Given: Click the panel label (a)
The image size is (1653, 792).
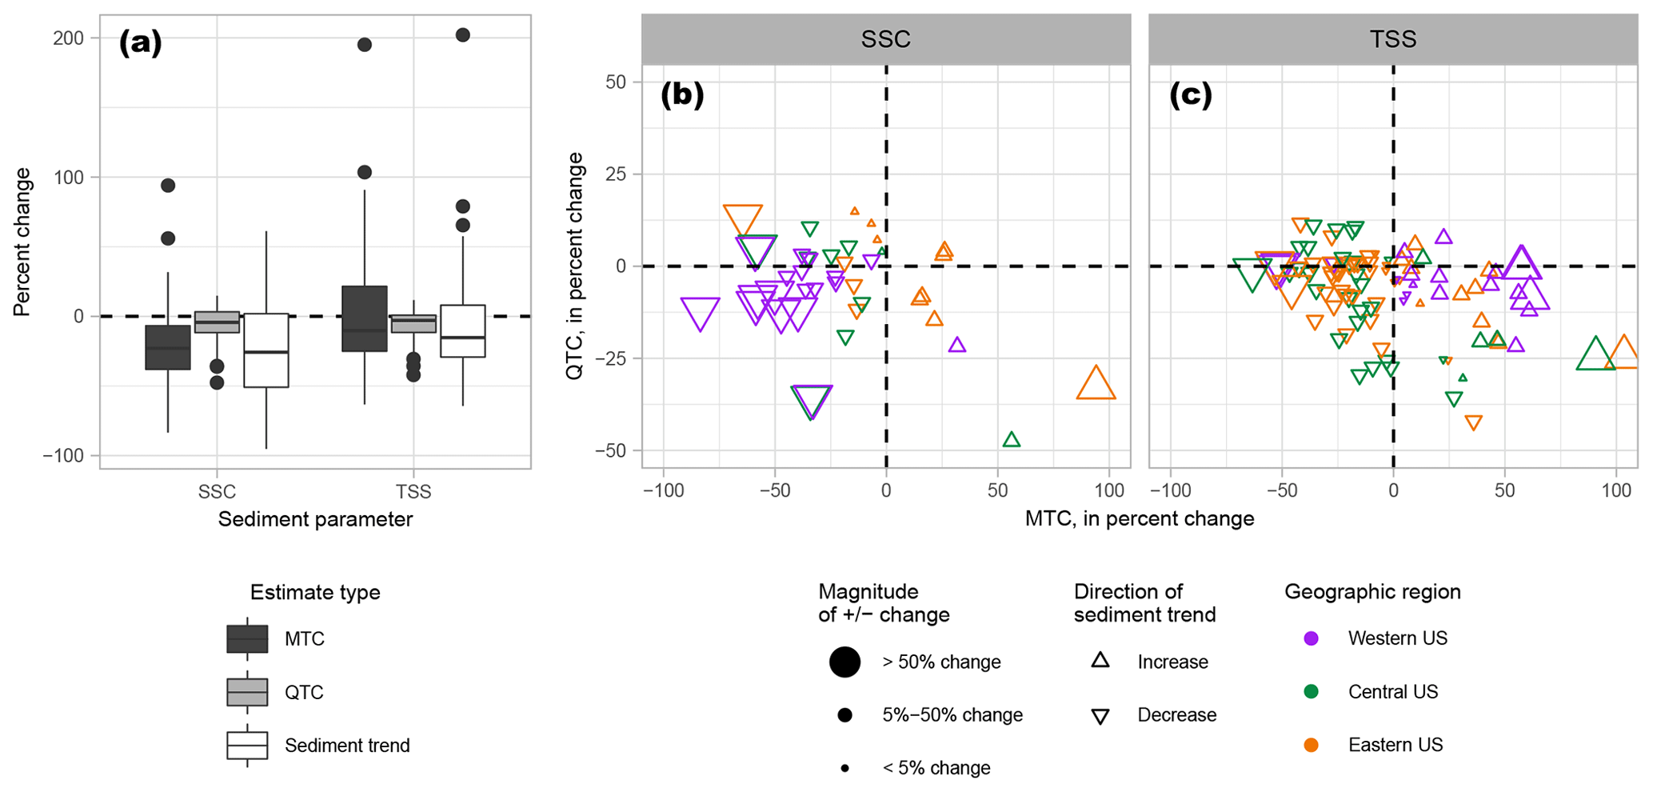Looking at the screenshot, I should [140, 42].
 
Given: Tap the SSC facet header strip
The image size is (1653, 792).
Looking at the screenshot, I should [885, 39].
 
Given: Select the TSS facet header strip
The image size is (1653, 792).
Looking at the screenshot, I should [1392, 39].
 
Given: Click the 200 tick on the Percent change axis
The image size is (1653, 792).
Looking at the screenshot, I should [69, 38].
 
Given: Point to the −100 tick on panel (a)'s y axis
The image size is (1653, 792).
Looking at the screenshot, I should [63, 455].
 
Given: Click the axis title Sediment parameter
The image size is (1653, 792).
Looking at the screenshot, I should [315, 519].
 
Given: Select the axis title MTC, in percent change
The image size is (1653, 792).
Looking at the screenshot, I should [1139, 519].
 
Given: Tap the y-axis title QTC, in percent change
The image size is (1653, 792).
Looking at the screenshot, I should [575, 266].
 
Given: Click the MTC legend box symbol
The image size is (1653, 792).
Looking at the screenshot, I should [247, 639].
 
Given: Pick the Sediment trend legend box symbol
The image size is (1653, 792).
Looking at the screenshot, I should [247, 745].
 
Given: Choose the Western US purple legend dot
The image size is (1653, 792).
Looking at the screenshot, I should [1311, 638].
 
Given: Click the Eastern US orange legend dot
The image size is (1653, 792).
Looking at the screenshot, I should [1311, 745].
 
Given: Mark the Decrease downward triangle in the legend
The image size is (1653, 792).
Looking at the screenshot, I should [1100, 716].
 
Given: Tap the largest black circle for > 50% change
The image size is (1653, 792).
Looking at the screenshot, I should [844, 662].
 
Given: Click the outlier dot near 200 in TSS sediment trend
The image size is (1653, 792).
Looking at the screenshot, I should [462, 35].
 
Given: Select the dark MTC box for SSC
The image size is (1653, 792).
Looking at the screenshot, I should [168, 347].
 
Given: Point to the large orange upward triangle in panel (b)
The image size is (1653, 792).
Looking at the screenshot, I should [1096, 384].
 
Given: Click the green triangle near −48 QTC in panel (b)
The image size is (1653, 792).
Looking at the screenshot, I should [1012, 440].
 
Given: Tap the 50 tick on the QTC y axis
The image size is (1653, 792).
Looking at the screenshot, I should [616, 82].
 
